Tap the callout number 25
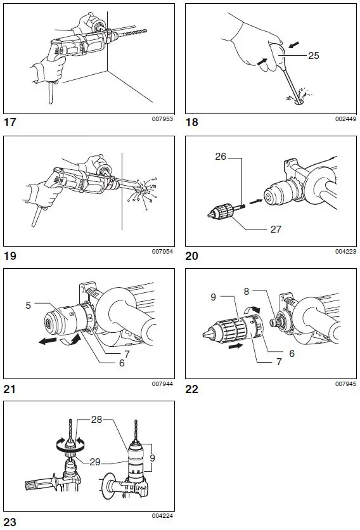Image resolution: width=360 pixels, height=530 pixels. [314, 56]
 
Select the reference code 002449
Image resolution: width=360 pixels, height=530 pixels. [345, 119]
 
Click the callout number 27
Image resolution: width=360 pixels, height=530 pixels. [276, 229]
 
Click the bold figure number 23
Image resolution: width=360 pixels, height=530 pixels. [11, 521]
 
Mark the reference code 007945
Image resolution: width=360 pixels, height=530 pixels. [345, 384]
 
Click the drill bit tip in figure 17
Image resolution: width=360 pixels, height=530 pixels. [145, 30]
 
